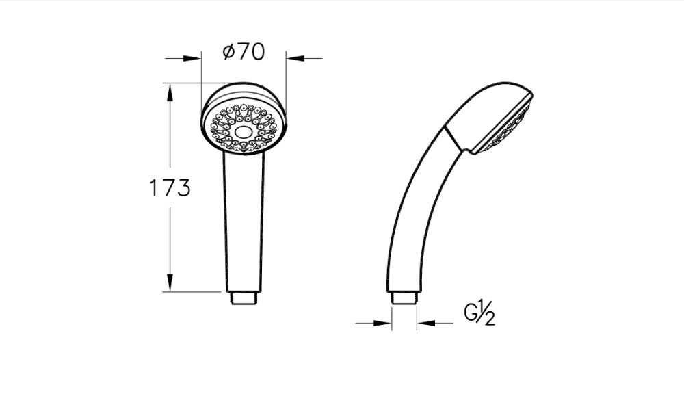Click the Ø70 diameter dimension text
pyautogui.click(x=244, y=53)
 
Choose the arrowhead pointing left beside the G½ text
pyautogui.click(x=425, y=322)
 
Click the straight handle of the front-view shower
pyautogui.click(x=243, y=226)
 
